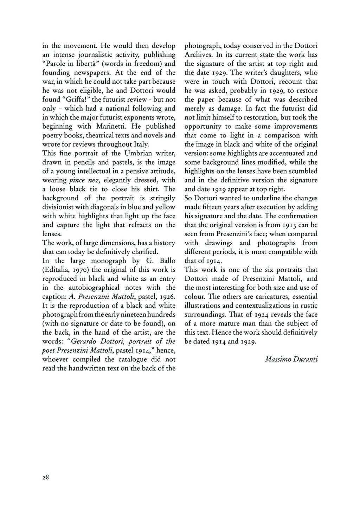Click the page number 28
(46, 477)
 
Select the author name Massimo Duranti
(291, 359)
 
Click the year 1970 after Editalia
(81, 270)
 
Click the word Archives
(199, 54)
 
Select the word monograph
(108, 261)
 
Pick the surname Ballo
(167, 261)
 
